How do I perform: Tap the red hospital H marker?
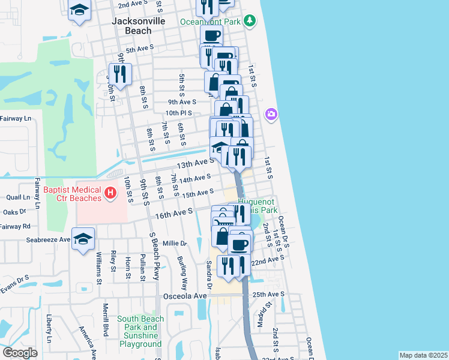coord(110,193)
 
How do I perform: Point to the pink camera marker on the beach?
coord(271,113)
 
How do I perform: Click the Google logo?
coord(20,353)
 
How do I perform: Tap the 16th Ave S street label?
coord(174,212)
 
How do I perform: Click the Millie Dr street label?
coord(175,244)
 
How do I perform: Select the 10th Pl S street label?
coord(178,113)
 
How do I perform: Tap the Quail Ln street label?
coord(17,197)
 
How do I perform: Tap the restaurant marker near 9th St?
coord(120,73)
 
